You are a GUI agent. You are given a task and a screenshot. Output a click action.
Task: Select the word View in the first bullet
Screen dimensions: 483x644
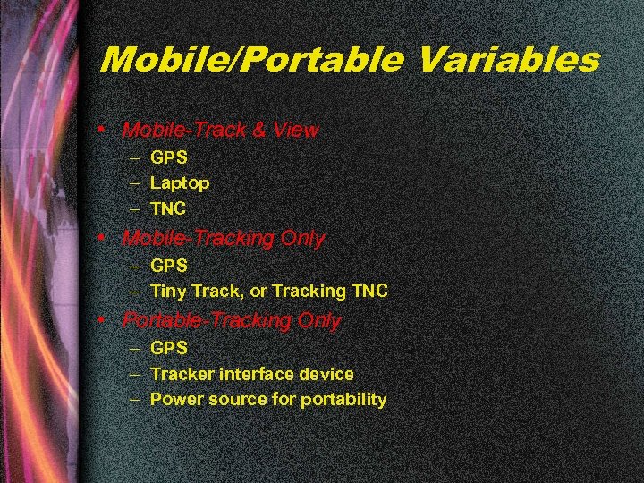pos(298,131)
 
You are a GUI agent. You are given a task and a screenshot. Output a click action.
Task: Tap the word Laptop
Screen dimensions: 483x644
pos(180,183)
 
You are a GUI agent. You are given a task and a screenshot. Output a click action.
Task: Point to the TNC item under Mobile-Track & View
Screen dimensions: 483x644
pos(168,209)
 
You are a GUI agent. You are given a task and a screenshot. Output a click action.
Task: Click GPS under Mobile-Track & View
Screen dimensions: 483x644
pos(168,157)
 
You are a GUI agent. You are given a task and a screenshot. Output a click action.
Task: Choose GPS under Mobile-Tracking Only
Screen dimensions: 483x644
pos(168,266)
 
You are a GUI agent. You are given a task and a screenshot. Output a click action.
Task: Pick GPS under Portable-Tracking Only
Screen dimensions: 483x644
pos(168,347)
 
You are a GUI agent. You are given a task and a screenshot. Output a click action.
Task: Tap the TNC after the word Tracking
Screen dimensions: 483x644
pos(369,292)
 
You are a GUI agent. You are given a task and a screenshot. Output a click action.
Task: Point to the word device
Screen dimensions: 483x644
pos(328,374)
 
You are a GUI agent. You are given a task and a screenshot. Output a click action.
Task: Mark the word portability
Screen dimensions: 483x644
pos(343,400)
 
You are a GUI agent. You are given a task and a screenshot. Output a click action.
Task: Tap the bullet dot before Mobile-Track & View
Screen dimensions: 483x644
pos(106,130)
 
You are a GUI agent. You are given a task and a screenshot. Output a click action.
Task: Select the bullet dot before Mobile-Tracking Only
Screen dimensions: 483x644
pos(106,239)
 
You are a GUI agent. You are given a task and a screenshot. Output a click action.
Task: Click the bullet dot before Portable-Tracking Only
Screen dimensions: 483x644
pos(106,319)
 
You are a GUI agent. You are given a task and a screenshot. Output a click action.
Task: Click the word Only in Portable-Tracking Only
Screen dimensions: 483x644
pos(319,320)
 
